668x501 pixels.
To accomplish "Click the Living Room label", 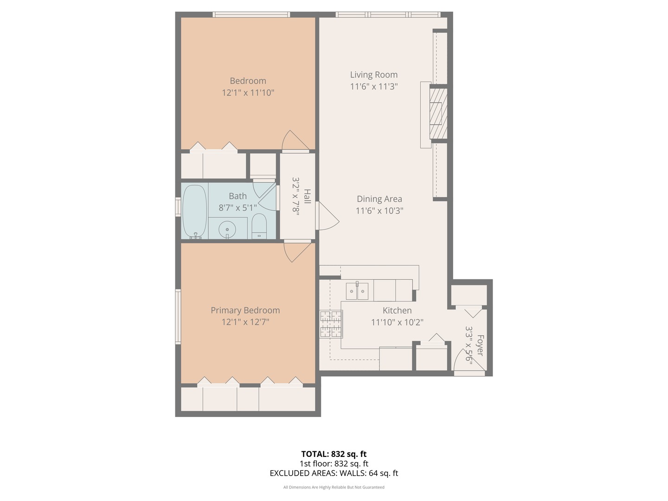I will click(x=373, y=75).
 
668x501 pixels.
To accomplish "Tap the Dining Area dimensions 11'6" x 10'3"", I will click(x=379, y=211).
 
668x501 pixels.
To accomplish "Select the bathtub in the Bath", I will click(x=194, y=212).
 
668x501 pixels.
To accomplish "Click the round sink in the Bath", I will click(x=227, y=229).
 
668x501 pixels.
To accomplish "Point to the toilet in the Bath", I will click(x=259, y=226).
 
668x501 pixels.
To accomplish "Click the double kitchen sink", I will click(x=357, y=291).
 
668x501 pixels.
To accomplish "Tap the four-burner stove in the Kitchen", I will click(x=331, y=324).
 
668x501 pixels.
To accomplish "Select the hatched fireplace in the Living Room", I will click(x=438, y=114).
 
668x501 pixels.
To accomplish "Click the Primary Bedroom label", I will click(x=245, y=310).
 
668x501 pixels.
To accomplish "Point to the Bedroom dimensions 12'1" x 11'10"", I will click(x=248, y=93).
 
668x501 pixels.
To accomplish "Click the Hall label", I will click(x=307, y=196).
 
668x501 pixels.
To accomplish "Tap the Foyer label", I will click(x=480, y=346).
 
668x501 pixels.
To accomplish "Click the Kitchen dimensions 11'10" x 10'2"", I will click(x=397, y=322).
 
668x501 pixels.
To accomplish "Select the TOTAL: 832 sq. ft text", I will click(x=334, y=454).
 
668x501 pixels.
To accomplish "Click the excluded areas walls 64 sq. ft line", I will click(x=334, y=473).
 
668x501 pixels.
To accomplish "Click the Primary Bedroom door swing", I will click(x=295, y=250).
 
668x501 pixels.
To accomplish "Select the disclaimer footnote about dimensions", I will click(x=334, y=487).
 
